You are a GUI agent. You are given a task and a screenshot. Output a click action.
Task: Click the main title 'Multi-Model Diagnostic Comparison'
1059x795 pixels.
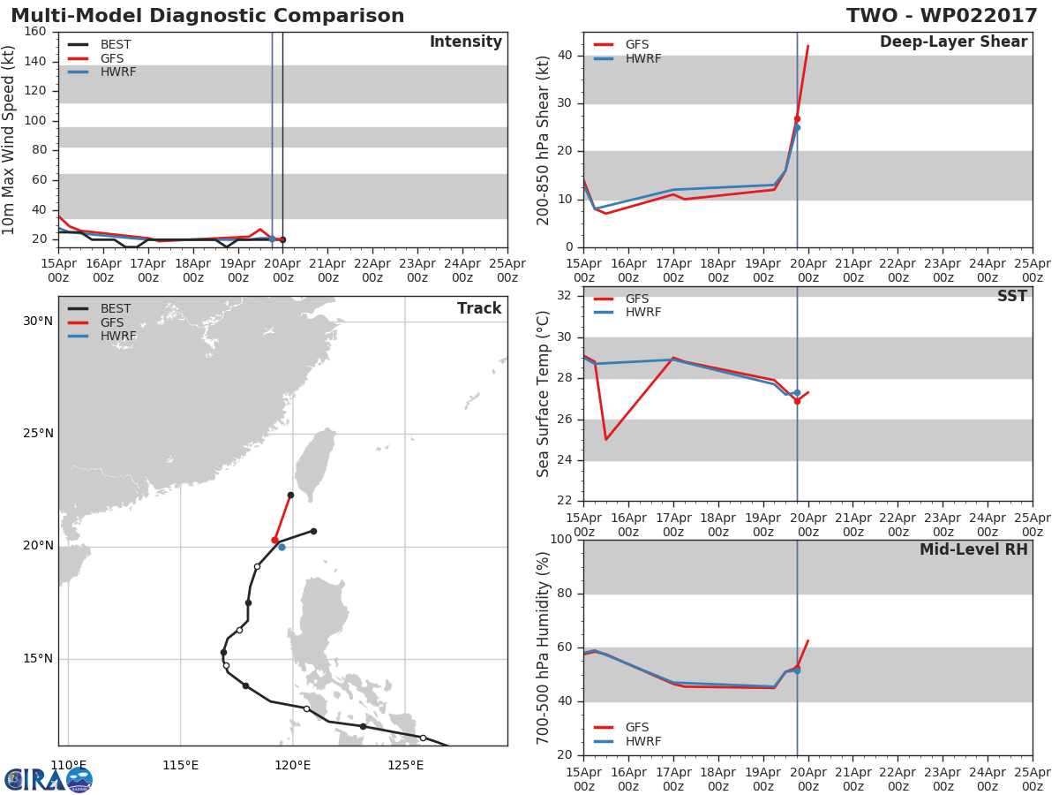(207, 15)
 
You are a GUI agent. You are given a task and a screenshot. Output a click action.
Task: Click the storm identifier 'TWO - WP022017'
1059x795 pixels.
(942, 15)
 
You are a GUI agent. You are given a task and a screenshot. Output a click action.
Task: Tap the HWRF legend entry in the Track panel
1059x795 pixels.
(102, 336)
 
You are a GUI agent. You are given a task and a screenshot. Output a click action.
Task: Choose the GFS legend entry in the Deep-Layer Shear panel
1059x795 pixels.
(621, 44)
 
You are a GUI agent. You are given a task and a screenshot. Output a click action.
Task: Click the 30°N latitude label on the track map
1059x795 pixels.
(38, 321)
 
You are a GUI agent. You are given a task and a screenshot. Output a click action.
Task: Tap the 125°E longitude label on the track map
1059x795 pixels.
(405, 765)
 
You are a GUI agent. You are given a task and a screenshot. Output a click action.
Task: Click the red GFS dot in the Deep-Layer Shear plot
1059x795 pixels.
(797, 119)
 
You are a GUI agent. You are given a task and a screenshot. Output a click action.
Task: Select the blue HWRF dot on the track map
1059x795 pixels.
(282, 548)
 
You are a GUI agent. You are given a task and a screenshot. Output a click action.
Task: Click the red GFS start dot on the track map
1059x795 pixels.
(275, 540)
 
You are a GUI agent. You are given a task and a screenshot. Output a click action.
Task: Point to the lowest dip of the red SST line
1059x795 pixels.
(606, 439)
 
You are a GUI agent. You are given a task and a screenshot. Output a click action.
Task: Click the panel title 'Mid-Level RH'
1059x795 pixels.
(973, 549)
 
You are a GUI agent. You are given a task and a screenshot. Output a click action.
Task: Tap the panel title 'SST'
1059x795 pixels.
(1012, 296)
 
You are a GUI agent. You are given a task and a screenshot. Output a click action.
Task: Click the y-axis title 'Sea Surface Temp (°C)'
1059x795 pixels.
(543, 394)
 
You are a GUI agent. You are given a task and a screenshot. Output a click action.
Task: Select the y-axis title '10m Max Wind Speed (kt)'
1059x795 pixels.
(8, 140)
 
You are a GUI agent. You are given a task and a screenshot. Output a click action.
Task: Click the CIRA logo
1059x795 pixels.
(49, 780)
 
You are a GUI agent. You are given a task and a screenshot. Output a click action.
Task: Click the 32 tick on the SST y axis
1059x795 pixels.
(565, 295)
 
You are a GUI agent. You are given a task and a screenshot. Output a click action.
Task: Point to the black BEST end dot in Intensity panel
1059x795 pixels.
(282, 240)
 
